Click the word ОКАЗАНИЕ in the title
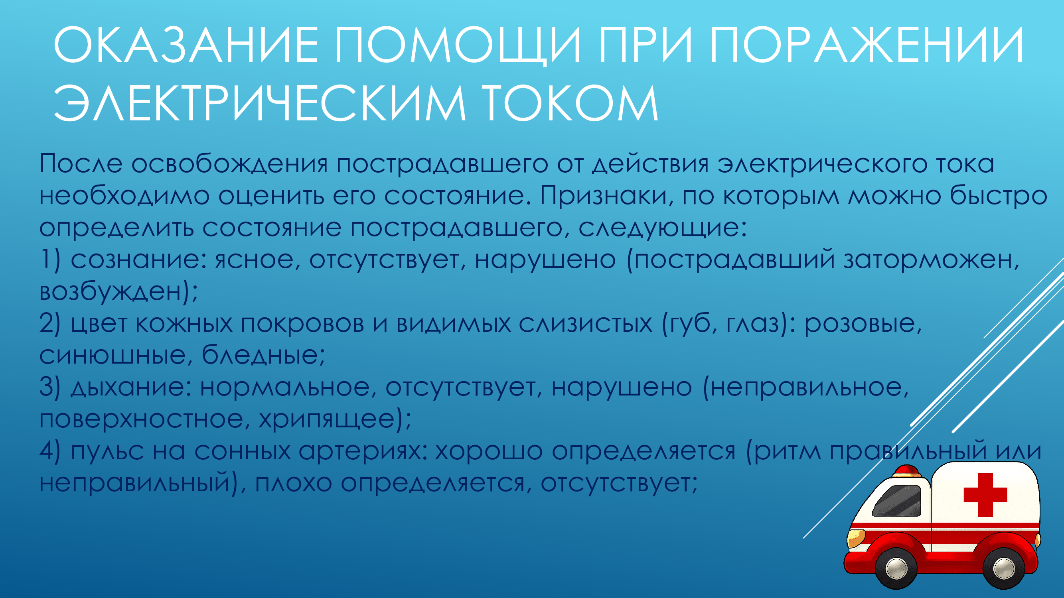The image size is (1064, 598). (x=186, y=45)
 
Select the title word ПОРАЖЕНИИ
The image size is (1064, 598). (x=867, y=45)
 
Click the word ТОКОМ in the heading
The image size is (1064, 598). (x=570, y=103)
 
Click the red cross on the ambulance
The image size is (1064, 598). (x=985, y=495)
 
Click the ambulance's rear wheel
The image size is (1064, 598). (x=1004, y=568)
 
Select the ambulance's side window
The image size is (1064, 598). (x=897, y=501)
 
